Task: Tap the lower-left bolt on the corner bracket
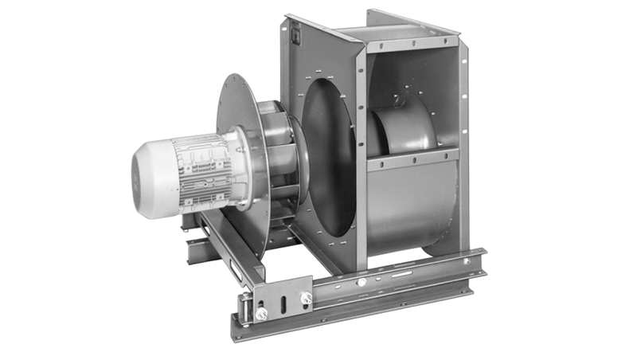260,314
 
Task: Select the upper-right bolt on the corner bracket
305,298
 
